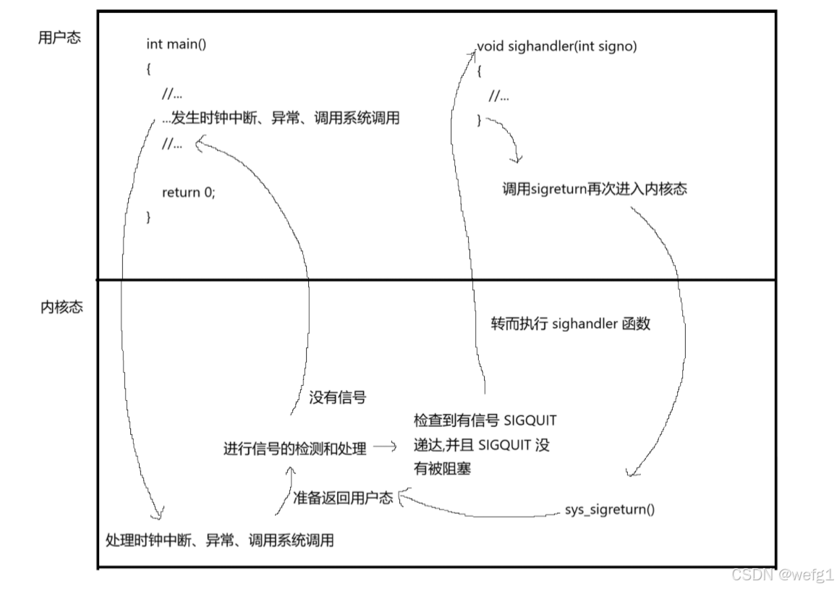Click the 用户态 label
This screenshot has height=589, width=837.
(x=59, y=38)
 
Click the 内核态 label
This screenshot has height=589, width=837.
(x=61, y=307)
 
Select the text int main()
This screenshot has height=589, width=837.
(x=176, y=44)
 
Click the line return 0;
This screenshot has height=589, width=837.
(x=189, y=192)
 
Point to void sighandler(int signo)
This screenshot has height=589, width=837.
(x=557, y=47)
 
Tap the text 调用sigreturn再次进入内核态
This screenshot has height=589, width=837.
(x=594, y=189)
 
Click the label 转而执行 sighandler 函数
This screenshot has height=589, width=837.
(x=570, y=323)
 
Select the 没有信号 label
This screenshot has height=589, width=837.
(x=337, y=397)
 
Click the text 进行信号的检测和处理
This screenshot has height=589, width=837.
(x=294, y=449)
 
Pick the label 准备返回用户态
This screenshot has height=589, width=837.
(x=343, y=498)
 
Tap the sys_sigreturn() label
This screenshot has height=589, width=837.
(x=609, y=509)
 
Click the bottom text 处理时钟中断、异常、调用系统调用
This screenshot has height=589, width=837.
(x=220, y=540)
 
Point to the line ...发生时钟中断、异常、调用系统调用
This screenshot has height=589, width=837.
(x=281, y=118)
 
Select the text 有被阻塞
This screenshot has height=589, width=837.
(x=442, y=469)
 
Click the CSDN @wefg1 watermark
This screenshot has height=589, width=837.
(x=783, y=575)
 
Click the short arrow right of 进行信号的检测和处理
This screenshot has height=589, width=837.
(x=384, y=447)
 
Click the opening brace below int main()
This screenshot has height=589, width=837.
(x=149, y=69)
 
